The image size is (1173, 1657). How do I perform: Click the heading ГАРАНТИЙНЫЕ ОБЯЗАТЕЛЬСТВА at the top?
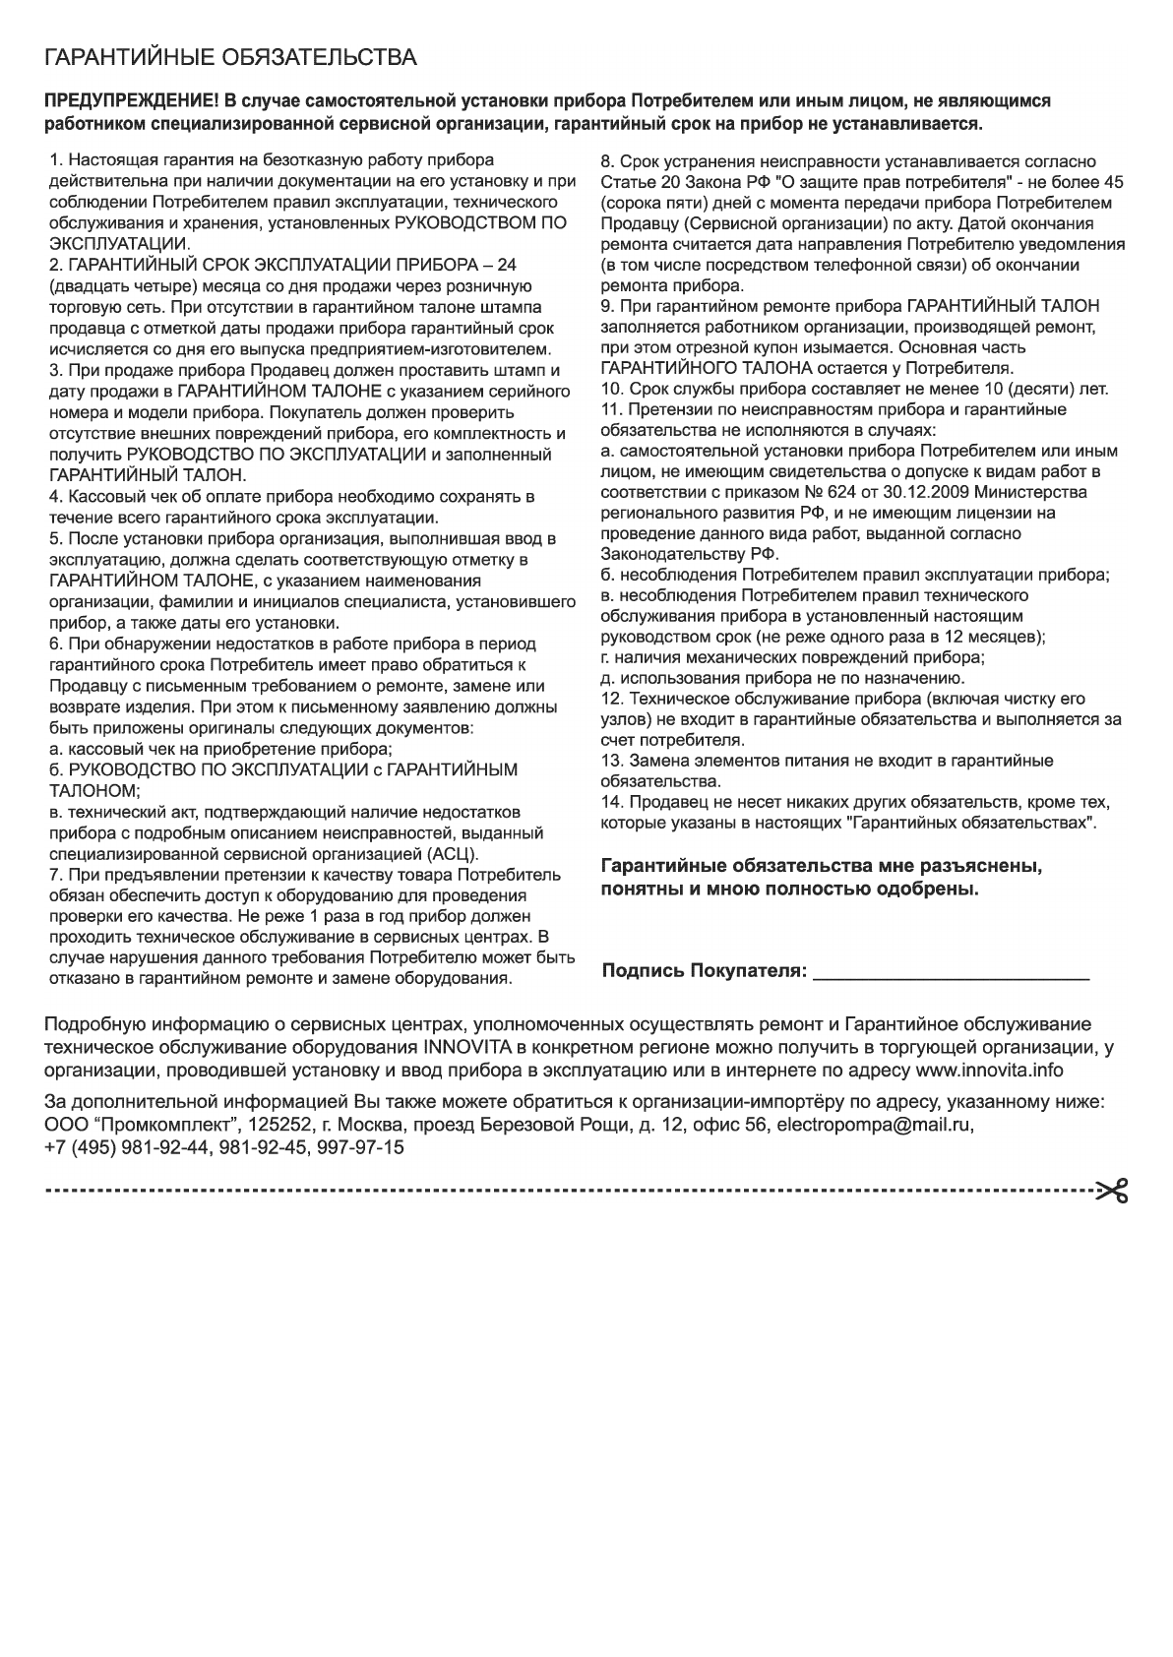229,57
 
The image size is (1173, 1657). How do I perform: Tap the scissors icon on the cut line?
1112,1192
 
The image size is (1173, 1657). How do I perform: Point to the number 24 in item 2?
507,266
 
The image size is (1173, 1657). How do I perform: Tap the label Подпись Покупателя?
705,972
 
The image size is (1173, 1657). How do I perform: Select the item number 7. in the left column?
56,874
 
